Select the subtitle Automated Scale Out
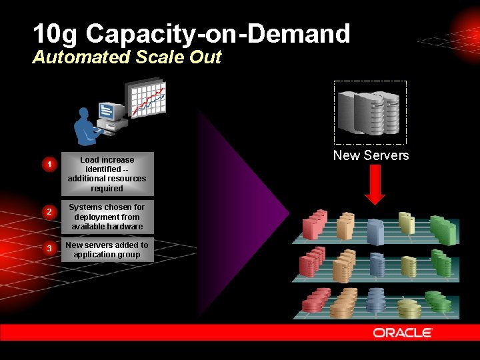[127, 57]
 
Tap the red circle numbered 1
[48, 165]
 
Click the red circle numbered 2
[48, 212]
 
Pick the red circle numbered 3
[48, 249]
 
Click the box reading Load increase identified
[107, 174]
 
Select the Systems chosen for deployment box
[107, 217]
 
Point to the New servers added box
[107, 249]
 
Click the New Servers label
[371, 155]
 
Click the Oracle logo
[403, 332]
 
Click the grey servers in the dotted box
[369, 112]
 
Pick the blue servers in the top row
[376, 231]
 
